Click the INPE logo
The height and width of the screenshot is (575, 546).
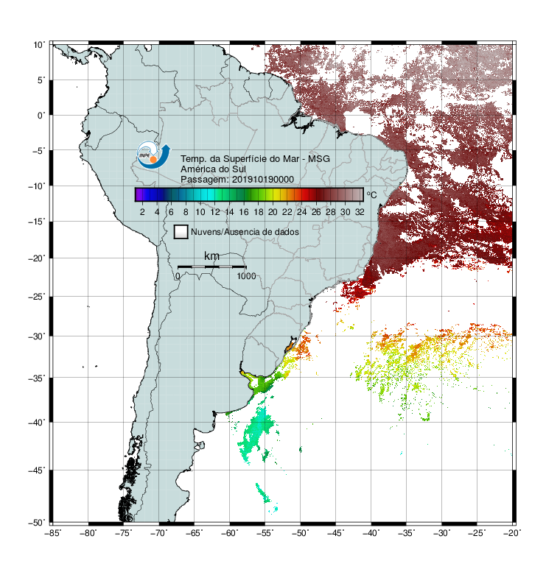coord(153,155)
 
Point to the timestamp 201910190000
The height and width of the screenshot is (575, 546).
coord(263,180)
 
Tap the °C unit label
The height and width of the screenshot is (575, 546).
coord(371,194)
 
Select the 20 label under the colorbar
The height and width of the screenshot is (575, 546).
coord(273,212)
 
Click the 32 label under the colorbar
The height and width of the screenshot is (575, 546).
coord(360,212)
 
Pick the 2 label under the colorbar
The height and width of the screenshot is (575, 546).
coord(142,212)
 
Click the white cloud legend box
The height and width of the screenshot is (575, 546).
coord(181,232)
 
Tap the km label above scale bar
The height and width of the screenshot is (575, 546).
coord(211,256)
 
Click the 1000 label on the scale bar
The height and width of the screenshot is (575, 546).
coord(246,276)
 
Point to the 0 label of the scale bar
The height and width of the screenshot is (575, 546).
coord(178,276)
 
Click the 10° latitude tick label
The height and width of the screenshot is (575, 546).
coord(39,45)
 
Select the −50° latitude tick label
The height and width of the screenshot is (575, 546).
coord(37,523)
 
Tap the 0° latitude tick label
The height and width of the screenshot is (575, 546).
coord(41,116)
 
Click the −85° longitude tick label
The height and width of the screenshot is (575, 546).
coord(52,533)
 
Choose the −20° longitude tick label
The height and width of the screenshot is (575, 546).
coord(513,533)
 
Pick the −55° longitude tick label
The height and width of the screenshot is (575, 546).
coord(265,533)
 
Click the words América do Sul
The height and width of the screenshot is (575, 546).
coord(213,169)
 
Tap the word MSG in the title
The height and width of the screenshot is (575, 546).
coord(319,159)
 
